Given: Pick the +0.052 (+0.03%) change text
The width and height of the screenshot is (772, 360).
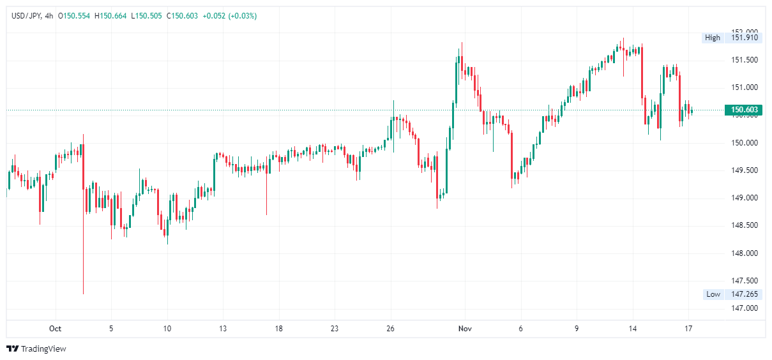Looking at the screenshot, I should click(x=230, y=16).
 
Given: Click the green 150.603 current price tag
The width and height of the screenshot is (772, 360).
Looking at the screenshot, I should click(x=743, y=110).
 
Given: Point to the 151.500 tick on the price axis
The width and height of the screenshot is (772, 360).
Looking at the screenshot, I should click(x=745, y=60).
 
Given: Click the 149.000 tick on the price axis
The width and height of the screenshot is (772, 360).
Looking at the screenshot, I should click(x=745, y=198).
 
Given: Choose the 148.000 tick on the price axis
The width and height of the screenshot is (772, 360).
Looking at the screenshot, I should click(x=745, y=253).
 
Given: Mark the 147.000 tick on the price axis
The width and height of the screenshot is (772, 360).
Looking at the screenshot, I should click(x=745, y=308).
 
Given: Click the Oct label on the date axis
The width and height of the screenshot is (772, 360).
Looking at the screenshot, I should click(x=55, y=329).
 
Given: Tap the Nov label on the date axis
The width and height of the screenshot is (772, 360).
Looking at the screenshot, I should click(x=465, y=329).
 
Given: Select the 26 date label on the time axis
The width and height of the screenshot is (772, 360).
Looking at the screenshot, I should click(x=391, y=329).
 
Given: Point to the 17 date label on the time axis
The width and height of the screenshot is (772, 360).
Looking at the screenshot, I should click(x=688, y=329).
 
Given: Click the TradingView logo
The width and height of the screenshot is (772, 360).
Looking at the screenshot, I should click(x=36, y=349).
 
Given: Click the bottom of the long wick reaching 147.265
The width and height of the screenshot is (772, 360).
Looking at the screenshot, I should click(x=83, y=294).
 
